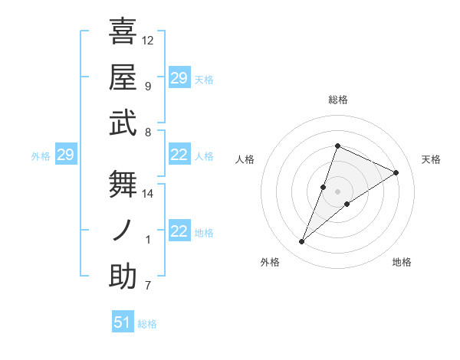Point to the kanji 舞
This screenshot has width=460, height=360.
[123, 184]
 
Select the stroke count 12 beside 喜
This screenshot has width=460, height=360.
[148, 40]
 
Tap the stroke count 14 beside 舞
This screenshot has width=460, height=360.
[148, 194]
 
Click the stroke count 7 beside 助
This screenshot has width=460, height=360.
[148, 286]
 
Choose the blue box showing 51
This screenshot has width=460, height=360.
[123, 322]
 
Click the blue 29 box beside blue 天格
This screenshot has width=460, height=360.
[179, 78]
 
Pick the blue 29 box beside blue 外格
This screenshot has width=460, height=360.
[65, 155]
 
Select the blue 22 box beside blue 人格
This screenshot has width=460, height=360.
[179, 155]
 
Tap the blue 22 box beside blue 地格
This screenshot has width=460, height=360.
[179, 232]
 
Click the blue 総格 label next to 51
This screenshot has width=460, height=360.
[148, 324]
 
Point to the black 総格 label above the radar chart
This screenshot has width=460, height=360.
[338, 100]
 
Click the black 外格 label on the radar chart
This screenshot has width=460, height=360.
[270, 262]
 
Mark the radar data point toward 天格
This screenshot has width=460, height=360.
[396, 172]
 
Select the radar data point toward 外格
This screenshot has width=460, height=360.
[302, 242]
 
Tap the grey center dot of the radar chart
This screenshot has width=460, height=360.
[338, 191]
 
